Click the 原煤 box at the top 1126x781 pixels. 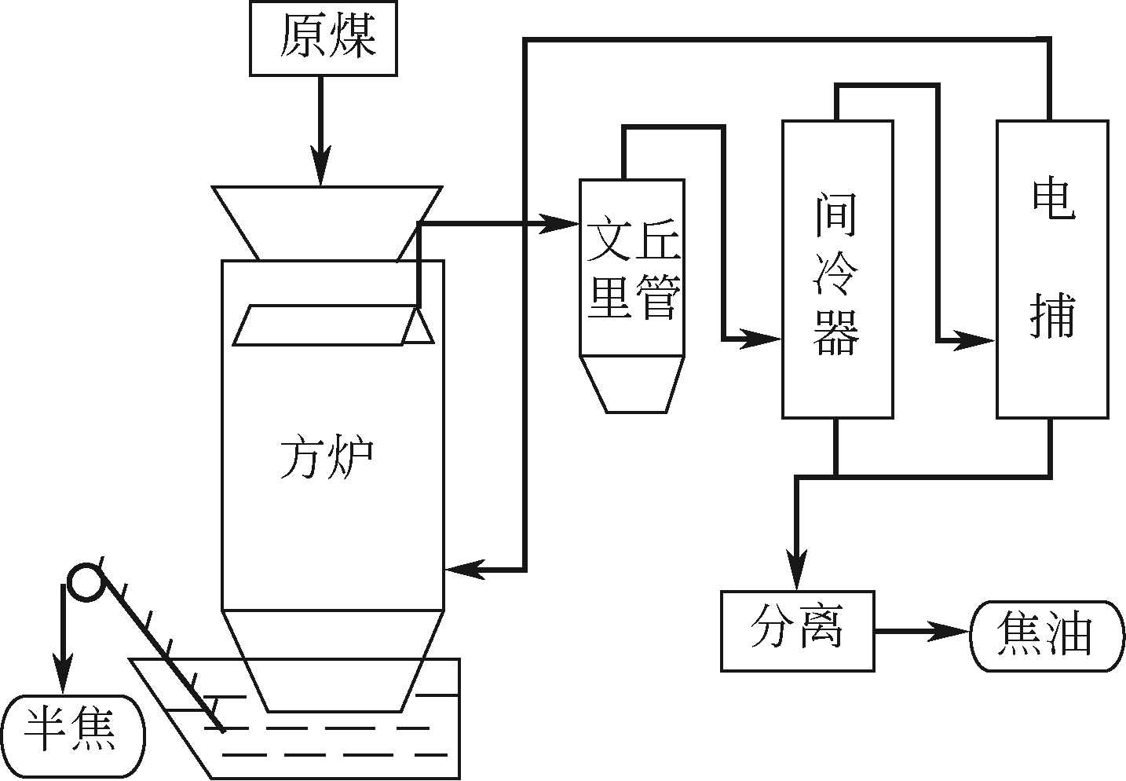[x=323, y=38]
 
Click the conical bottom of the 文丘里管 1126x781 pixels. [x=632, y=383]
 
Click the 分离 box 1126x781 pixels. [x=797, y=630]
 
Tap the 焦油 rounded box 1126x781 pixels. [x=1046, y=636]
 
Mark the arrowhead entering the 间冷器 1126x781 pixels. [x=766, y=339]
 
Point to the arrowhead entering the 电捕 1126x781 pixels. [x=980, y=341]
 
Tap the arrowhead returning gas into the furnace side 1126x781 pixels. [x=462, y=569]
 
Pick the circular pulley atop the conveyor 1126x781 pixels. [x=84, y=583]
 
